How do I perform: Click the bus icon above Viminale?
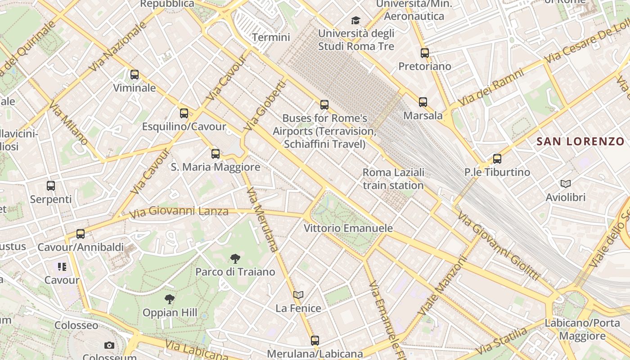click(x=134, y=75)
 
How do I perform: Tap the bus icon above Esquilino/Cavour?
click(x=184, y=113)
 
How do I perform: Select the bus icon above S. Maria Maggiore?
click(x=216, y=154)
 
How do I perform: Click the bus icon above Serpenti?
click(x=51, y=185)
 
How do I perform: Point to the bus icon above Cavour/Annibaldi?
click(x=81, y=234)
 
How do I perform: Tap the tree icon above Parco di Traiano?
click(x=235, y=258)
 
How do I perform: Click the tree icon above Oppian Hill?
click(x=170, y=299)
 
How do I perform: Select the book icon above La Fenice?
click(x=298, y=295)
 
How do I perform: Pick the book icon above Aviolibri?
click(x=566, y=184)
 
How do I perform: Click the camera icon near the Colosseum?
click(x=109, y=346)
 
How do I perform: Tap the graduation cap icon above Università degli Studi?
click(x=356, y=20)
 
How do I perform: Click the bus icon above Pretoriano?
click(x=424, y=53)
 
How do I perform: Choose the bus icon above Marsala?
click(x=423, y=102)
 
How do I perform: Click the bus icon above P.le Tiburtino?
click(x=497, y=159)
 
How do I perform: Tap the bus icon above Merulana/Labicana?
click(x=315, y=341)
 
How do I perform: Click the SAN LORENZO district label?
click(x=580, y=142)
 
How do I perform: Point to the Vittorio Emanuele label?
click(x=348, y=228)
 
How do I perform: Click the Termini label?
click(x=271, y=37)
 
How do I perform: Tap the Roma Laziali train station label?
click(x=393, y=179)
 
